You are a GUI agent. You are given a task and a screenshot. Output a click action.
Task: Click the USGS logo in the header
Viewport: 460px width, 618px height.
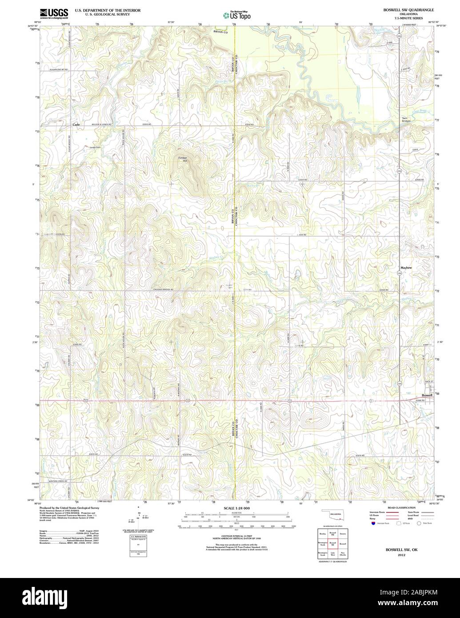(x=54, y=13)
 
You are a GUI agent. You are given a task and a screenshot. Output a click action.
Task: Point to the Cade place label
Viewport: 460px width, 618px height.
(x=76, y=125)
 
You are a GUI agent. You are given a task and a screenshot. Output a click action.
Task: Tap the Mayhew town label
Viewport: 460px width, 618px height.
(x=406, y=268)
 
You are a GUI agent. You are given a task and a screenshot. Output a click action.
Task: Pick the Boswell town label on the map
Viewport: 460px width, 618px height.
(x=427, y=395)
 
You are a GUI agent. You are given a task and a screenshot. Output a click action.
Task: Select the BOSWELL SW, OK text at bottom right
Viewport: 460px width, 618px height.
(x=401, y=550)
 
